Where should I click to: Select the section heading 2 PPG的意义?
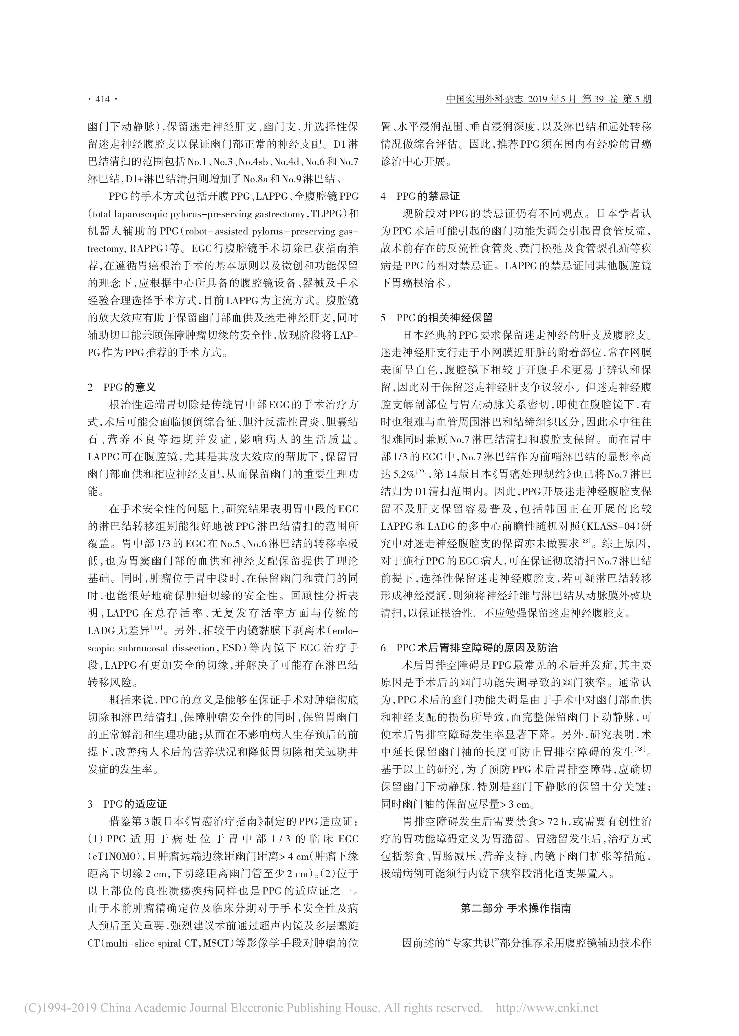122,387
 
